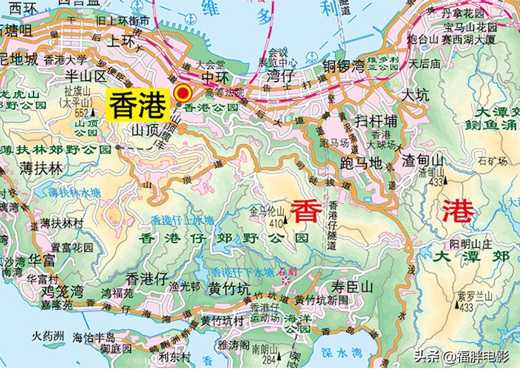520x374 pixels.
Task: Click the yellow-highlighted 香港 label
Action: pyautogui.click(x=137, y=105)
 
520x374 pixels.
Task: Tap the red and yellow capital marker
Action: pyautogui.click(x=182, y=93)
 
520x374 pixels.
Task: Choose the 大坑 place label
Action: pyautogui.click(x=415, y=95)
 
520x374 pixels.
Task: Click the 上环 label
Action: pyautogui.click(x=124, y=42)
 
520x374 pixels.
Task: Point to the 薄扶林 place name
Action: pyautogui.click(x=42, y=168)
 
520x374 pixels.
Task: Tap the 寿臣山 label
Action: pyautogui.click(x=351, y=285)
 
